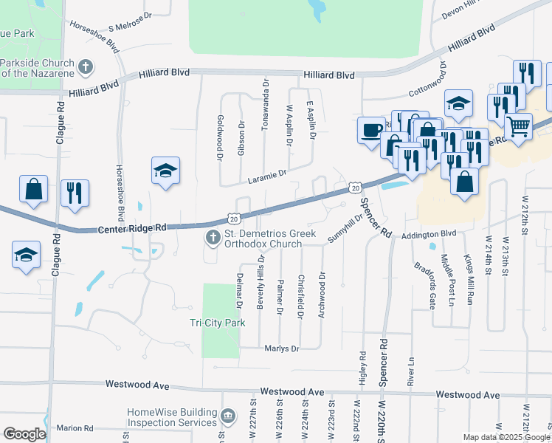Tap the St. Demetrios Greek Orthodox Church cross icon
point(213,238)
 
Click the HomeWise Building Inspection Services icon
point(227,417)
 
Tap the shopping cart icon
point(518,126)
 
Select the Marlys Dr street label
point(281,348)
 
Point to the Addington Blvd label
point(430,234)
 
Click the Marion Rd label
point(74,428)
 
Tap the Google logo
point(24,434)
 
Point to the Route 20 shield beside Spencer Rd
point(355,188)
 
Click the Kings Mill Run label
point(469,280)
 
